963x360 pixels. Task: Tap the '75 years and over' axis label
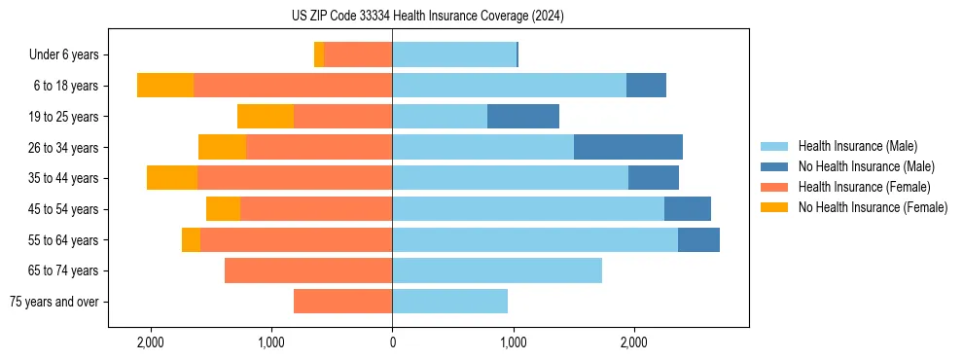click(x=53, y=302)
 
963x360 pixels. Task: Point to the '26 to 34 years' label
click(x=62, y=148)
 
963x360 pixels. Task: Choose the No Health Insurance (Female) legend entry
click(x=873, y=207)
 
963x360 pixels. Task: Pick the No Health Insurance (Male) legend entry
click(x=866, y=166)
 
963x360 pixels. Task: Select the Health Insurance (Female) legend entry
click(x=865, y=187)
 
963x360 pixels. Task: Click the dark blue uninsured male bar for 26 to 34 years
click(x=627, y=147)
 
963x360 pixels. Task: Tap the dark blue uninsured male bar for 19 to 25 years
click(x=522, y=117)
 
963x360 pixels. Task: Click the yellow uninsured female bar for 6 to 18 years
click(x=165, y=86)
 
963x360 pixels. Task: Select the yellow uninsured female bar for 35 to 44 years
click(x=172, y=178)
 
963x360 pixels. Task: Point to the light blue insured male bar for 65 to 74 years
click(x=496, y=270)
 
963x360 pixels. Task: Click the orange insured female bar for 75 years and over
click(x=342, y=302)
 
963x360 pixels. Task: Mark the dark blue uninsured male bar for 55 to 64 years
click(x=698, y=239)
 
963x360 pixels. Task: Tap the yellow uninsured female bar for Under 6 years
click(x=319, y=55)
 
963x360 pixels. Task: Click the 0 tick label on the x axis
click(x=392, y=342)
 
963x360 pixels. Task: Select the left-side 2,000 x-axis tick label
click(x=151, y=342)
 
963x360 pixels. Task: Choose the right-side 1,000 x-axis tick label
click(x=513, y=342)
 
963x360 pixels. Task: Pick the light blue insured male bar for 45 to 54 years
click(x=527, y=209)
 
